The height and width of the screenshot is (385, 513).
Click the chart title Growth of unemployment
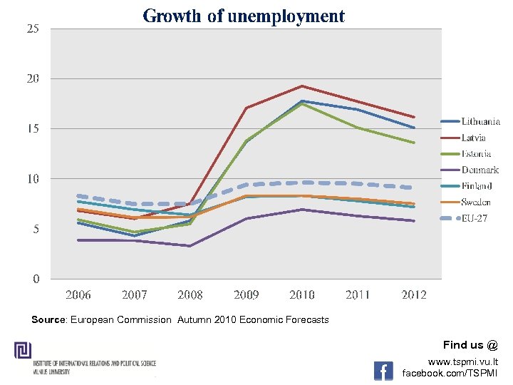244,16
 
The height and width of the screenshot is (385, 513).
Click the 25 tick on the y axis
33,29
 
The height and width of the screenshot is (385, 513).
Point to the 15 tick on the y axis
33,129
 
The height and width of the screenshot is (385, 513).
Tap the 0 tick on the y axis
36,279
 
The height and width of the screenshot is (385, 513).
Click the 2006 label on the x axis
78,295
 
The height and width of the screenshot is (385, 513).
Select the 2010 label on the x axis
302,295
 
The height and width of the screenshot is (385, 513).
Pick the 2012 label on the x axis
414,295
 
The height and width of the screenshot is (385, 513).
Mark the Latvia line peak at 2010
302,86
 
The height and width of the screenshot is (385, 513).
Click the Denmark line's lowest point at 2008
190,246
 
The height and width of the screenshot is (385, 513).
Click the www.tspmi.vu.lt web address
463,362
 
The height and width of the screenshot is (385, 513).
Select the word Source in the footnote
48,320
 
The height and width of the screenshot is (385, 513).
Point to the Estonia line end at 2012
414,143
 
